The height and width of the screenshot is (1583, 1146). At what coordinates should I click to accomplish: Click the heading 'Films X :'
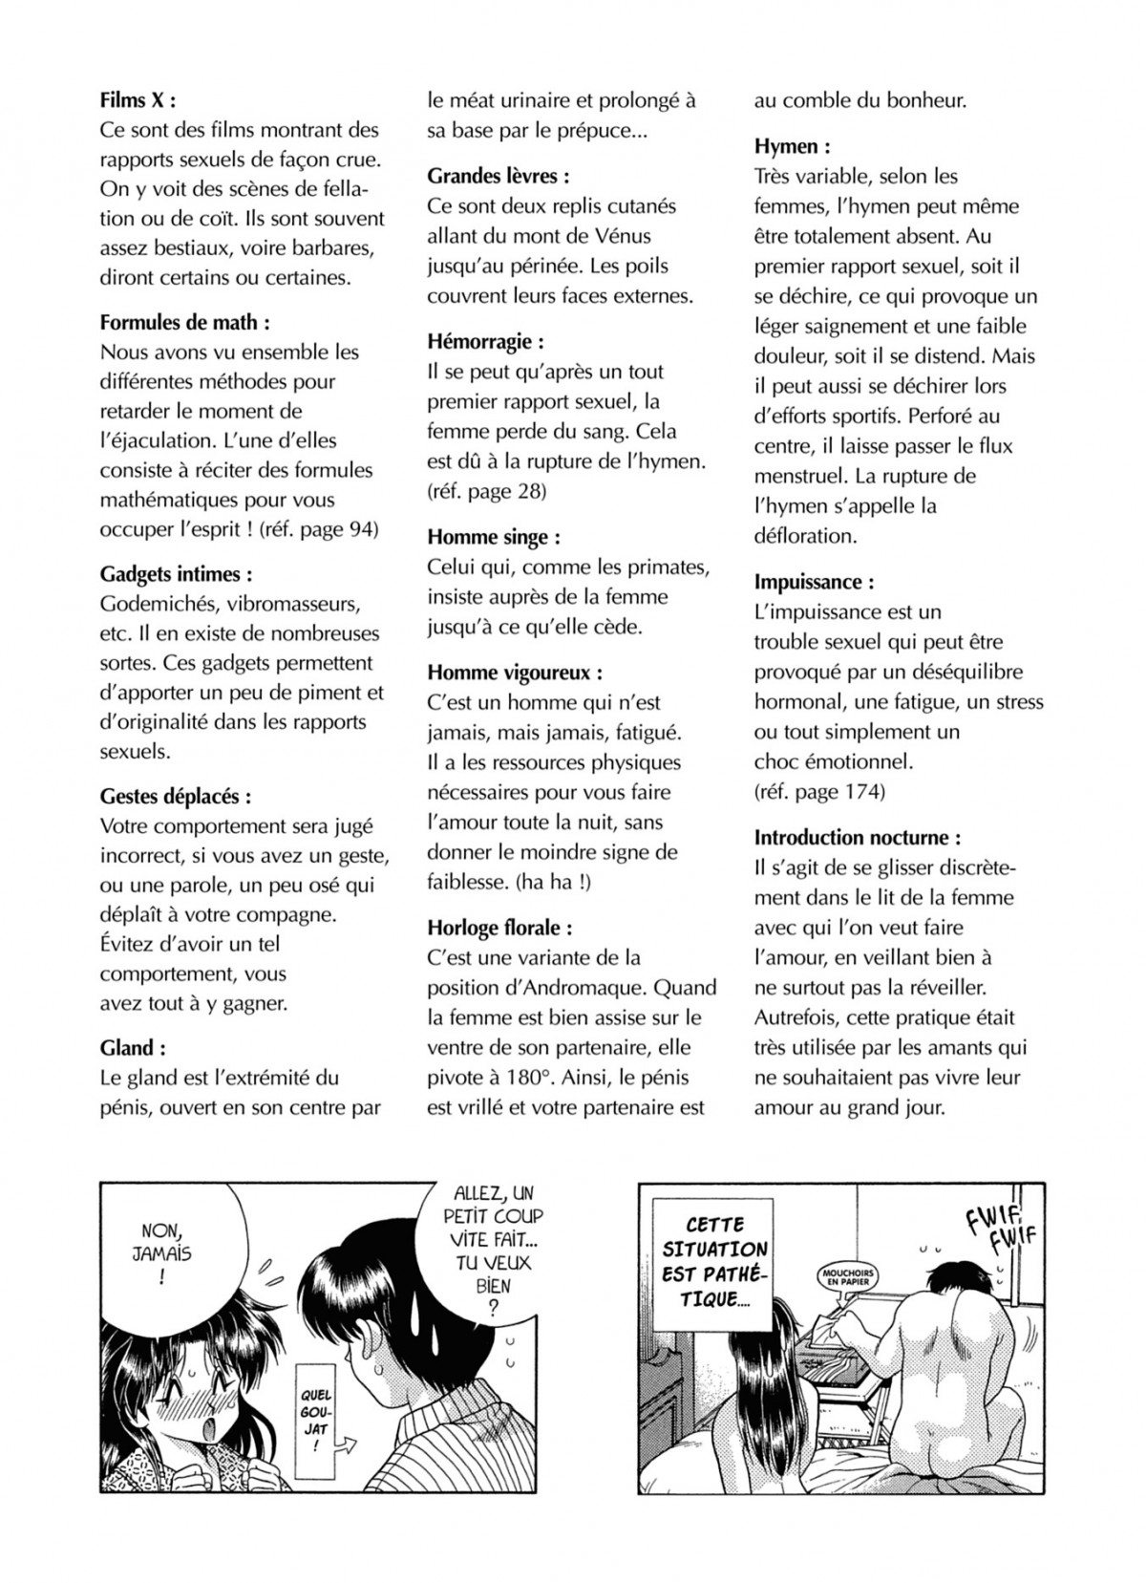tap(138, 100)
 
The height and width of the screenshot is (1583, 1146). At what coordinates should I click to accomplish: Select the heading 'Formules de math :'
tap(184, 322)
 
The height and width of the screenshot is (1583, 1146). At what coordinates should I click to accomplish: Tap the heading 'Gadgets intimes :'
tap(177, 574)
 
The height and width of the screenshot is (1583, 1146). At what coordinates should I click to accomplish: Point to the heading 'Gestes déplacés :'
tap(177, 797)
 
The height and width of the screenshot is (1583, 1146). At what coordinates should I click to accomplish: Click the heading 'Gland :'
tap(133, 1048)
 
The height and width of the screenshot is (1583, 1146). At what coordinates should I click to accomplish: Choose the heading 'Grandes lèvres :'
tap(498, 176)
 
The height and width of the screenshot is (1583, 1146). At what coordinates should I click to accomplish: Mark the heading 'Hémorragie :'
tap(486, 341)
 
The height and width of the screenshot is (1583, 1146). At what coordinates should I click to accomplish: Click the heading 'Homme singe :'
tap(494, 537)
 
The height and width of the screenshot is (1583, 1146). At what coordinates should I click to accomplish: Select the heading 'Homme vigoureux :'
tap(515, 673)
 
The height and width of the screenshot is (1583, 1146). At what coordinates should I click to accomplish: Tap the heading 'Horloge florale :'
tap(499, 928)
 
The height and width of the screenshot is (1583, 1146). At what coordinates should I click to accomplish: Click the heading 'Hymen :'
tap(792, 146)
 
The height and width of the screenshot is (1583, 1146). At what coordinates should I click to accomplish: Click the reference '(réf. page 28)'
tap(487, 491)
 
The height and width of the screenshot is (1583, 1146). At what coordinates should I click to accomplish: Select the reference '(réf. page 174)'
tap(819, 791)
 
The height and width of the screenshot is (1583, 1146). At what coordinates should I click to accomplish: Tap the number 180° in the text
tap(527, 1078)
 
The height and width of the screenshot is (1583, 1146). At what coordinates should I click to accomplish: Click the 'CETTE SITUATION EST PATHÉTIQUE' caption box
tap(714, 1261)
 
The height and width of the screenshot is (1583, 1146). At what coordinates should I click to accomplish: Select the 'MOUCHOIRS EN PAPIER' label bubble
tap(848, 1274)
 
